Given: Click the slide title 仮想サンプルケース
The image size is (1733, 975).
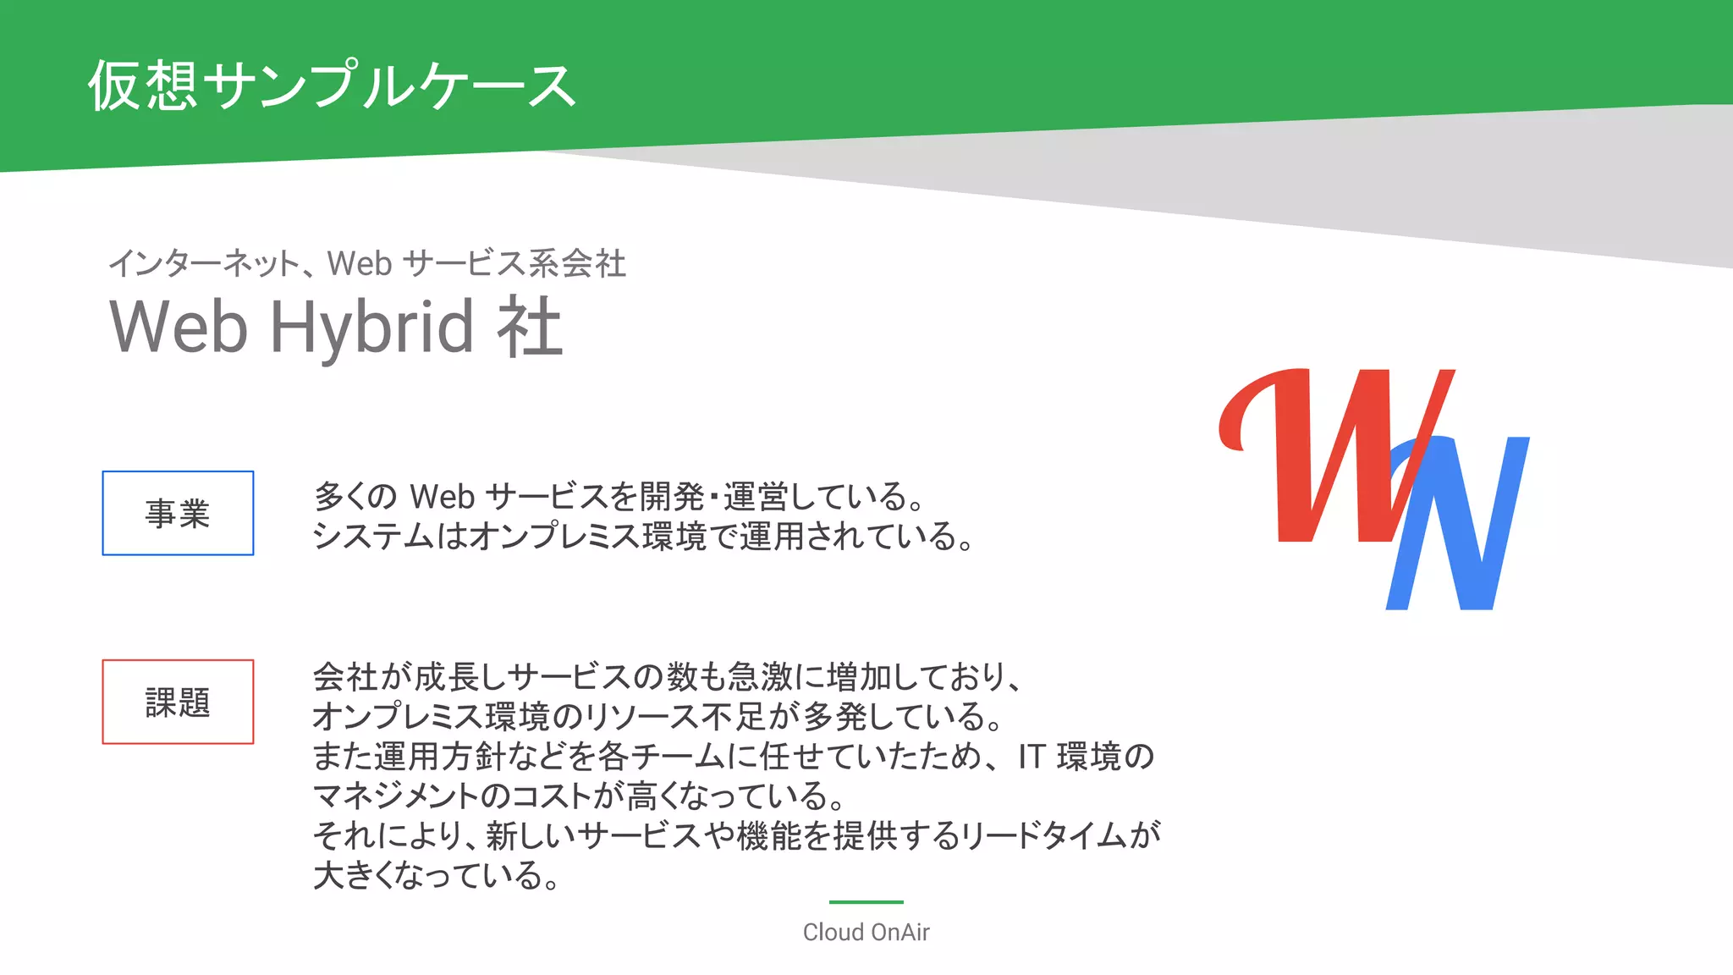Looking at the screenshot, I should point(332,85).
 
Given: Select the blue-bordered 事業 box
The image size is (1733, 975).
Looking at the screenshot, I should point(178,513).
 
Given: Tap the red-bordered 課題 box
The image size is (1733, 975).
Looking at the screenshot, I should point(178,702).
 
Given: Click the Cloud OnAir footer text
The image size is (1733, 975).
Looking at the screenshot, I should point(866,932).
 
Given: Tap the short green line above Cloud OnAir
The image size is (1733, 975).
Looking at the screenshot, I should point(866,902).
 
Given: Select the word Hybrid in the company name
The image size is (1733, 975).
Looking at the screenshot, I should point(371,328).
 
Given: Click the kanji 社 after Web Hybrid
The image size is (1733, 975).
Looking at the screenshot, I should point(529,328).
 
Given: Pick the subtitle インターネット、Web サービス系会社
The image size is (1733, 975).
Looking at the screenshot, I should point(367,263).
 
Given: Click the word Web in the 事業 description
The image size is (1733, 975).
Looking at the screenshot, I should point(442,497).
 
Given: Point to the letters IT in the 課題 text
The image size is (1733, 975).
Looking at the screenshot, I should point(1032,757).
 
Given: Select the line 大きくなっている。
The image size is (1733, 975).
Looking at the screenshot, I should point(437,875).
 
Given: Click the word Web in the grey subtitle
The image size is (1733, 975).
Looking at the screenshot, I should point(360,263).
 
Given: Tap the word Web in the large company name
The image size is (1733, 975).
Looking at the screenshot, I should point(179,328).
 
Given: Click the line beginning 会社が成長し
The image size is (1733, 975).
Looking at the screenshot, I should point(668,677).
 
